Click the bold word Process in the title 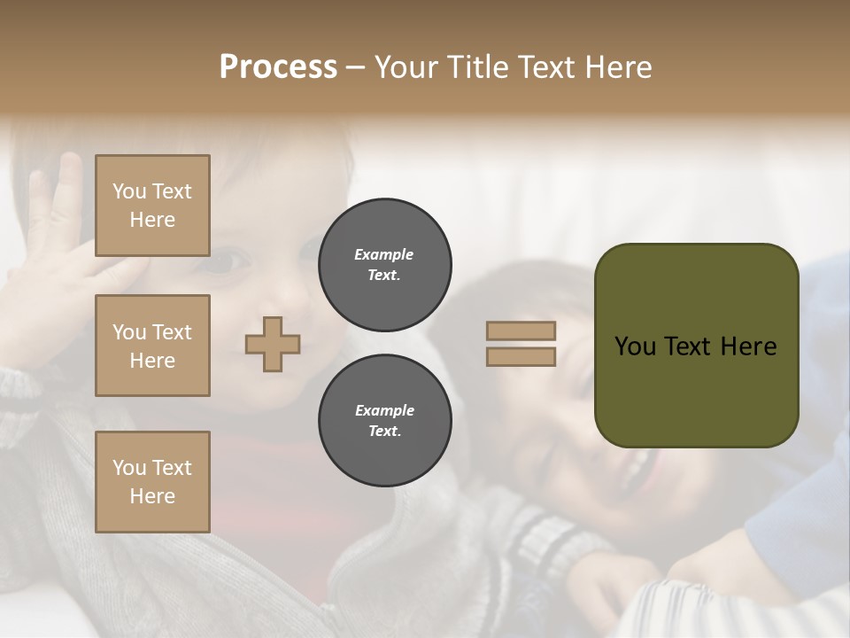click(278, 67)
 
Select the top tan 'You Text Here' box click(152, 206)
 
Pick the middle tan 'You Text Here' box click(152, 346)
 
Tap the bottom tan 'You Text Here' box click(152, 482)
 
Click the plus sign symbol click(273, 344)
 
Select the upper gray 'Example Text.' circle click(385, 265)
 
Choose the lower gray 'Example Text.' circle click(385, 421)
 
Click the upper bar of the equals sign click(522, 331)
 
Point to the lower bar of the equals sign click(522, 357)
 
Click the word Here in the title click(619, 67)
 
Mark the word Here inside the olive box click(749, 346)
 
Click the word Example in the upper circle click(384, 254)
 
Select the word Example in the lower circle click(384, 410)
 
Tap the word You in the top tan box click(129, 191)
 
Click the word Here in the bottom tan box click(152, 496)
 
